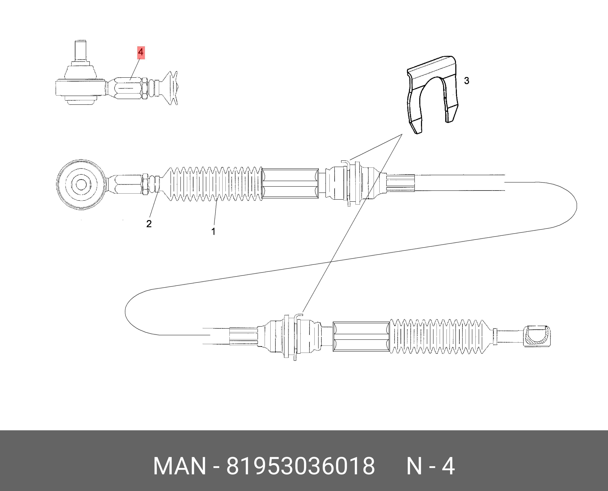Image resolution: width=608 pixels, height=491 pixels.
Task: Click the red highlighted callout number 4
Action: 141,52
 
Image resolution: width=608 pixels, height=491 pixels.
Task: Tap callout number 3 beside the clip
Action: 467,81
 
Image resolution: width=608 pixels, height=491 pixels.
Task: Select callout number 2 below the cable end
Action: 149,224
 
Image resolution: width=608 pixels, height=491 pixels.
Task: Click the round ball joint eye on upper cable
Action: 81,185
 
